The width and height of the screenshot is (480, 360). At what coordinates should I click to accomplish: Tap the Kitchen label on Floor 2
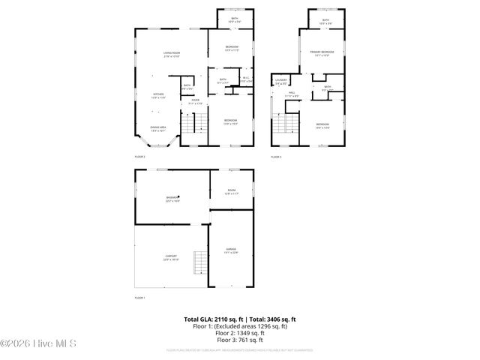[158, 95]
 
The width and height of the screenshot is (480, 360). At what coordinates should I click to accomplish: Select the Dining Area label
[158, 128]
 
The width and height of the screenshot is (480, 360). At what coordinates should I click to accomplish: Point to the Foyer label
[195, 102]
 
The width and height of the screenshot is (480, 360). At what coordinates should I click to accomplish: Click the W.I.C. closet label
[246, 79]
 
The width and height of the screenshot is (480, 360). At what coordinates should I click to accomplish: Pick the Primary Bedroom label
[323, 52]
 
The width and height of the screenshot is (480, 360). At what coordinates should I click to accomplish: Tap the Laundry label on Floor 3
[281, 81]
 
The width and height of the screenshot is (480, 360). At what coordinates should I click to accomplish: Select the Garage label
[232, 250]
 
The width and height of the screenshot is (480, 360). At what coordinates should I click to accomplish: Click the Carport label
[171, 257]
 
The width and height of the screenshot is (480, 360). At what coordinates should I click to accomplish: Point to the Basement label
[172, 199]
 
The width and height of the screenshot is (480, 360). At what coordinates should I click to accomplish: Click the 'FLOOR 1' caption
[139, 298]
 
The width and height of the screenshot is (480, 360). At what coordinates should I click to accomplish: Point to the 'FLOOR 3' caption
[276, 157]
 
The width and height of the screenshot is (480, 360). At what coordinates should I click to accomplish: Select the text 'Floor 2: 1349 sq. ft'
[241, 333]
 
